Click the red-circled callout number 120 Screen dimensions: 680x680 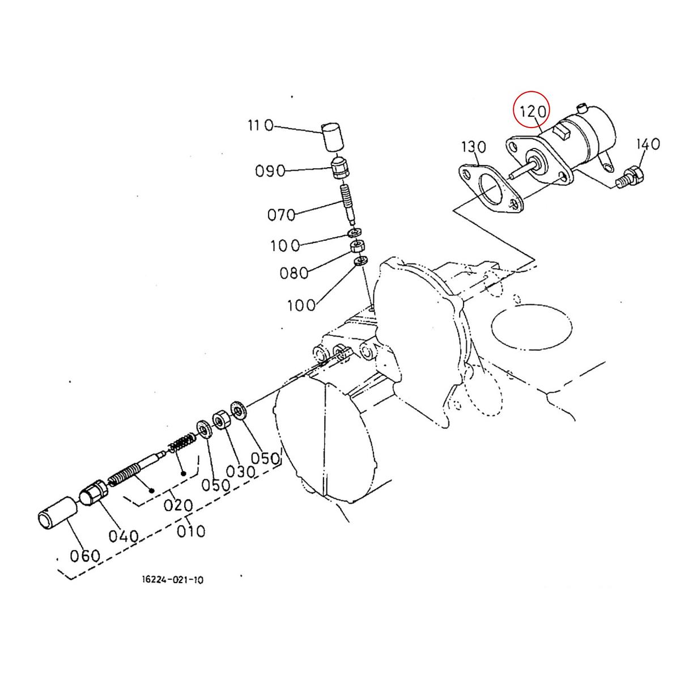click(x=532, y=111)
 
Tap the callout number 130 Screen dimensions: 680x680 click(x=474, y=147)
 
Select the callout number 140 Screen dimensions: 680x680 click(x=648, y=144)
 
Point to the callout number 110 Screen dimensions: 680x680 click(x=260, y=125)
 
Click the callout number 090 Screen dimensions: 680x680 click(x=270, y=170)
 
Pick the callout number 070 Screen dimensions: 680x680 click(x=282, y=215)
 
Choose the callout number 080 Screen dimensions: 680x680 click(x=294, y=273)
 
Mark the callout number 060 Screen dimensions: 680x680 click(x=85, y=556)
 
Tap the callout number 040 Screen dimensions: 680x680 click(x=124, y=535)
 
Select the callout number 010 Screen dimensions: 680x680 click(x=191, y=532)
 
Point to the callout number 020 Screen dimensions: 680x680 click(x=178, y=505)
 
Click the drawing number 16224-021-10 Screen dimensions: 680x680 click(x=173, y=580)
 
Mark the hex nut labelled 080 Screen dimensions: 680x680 click(x=357, y=246)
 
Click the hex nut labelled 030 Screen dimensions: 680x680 click(x=220, y=421)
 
